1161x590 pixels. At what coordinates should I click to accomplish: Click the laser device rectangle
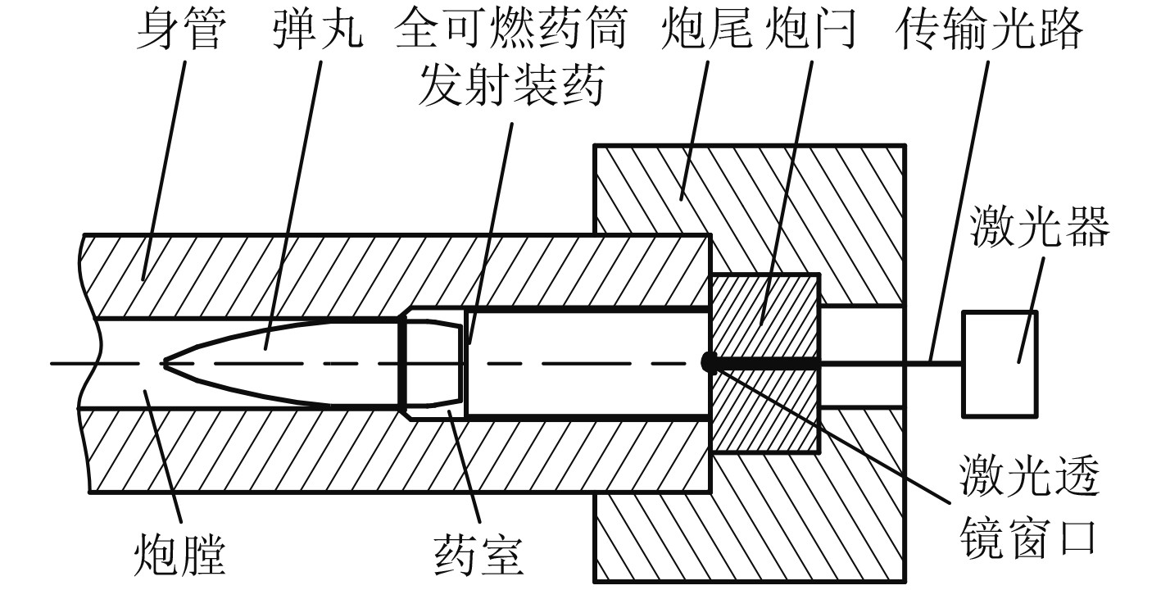1000,363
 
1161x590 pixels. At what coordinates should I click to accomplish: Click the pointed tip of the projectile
166,362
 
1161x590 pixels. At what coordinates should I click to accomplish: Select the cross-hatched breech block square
764,363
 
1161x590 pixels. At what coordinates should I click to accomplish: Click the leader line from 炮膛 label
161,459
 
